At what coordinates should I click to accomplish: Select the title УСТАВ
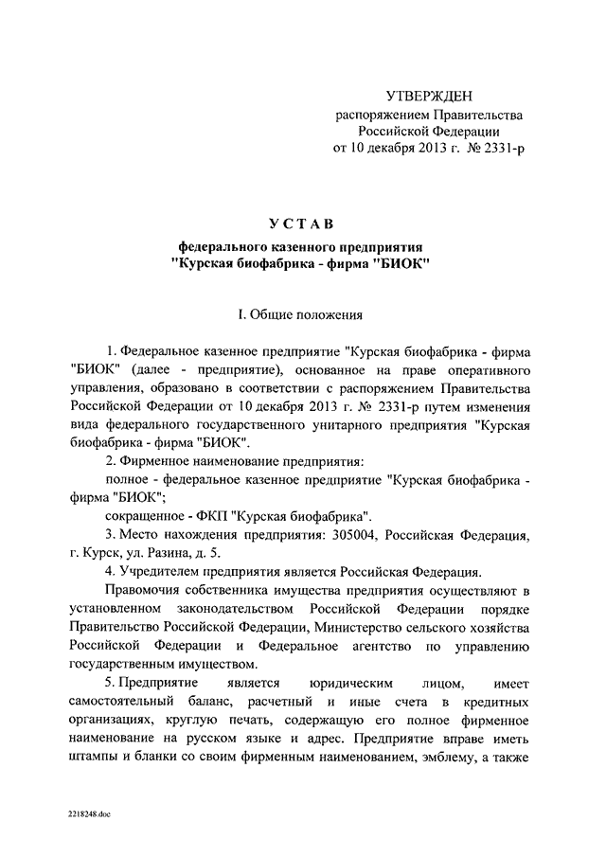(301, 223)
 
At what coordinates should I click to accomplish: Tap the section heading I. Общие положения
(301, 312)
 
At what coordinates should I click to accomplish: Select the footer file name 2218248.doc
(89, 813)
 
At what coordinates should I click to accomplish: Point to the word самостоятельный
(129, 700)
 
